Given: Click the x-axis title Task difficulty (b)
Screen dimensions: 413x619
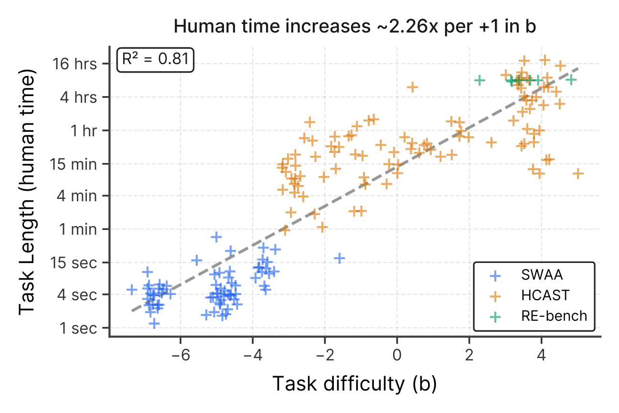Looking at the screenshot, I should (x=354, y=384).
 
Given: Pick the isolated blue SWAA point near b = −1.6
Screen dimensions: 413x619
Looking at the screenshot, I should (x=340, y=258).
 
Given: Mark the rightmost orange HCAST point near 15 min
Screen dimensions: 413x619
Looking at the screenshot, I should (x=578, y=174).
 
